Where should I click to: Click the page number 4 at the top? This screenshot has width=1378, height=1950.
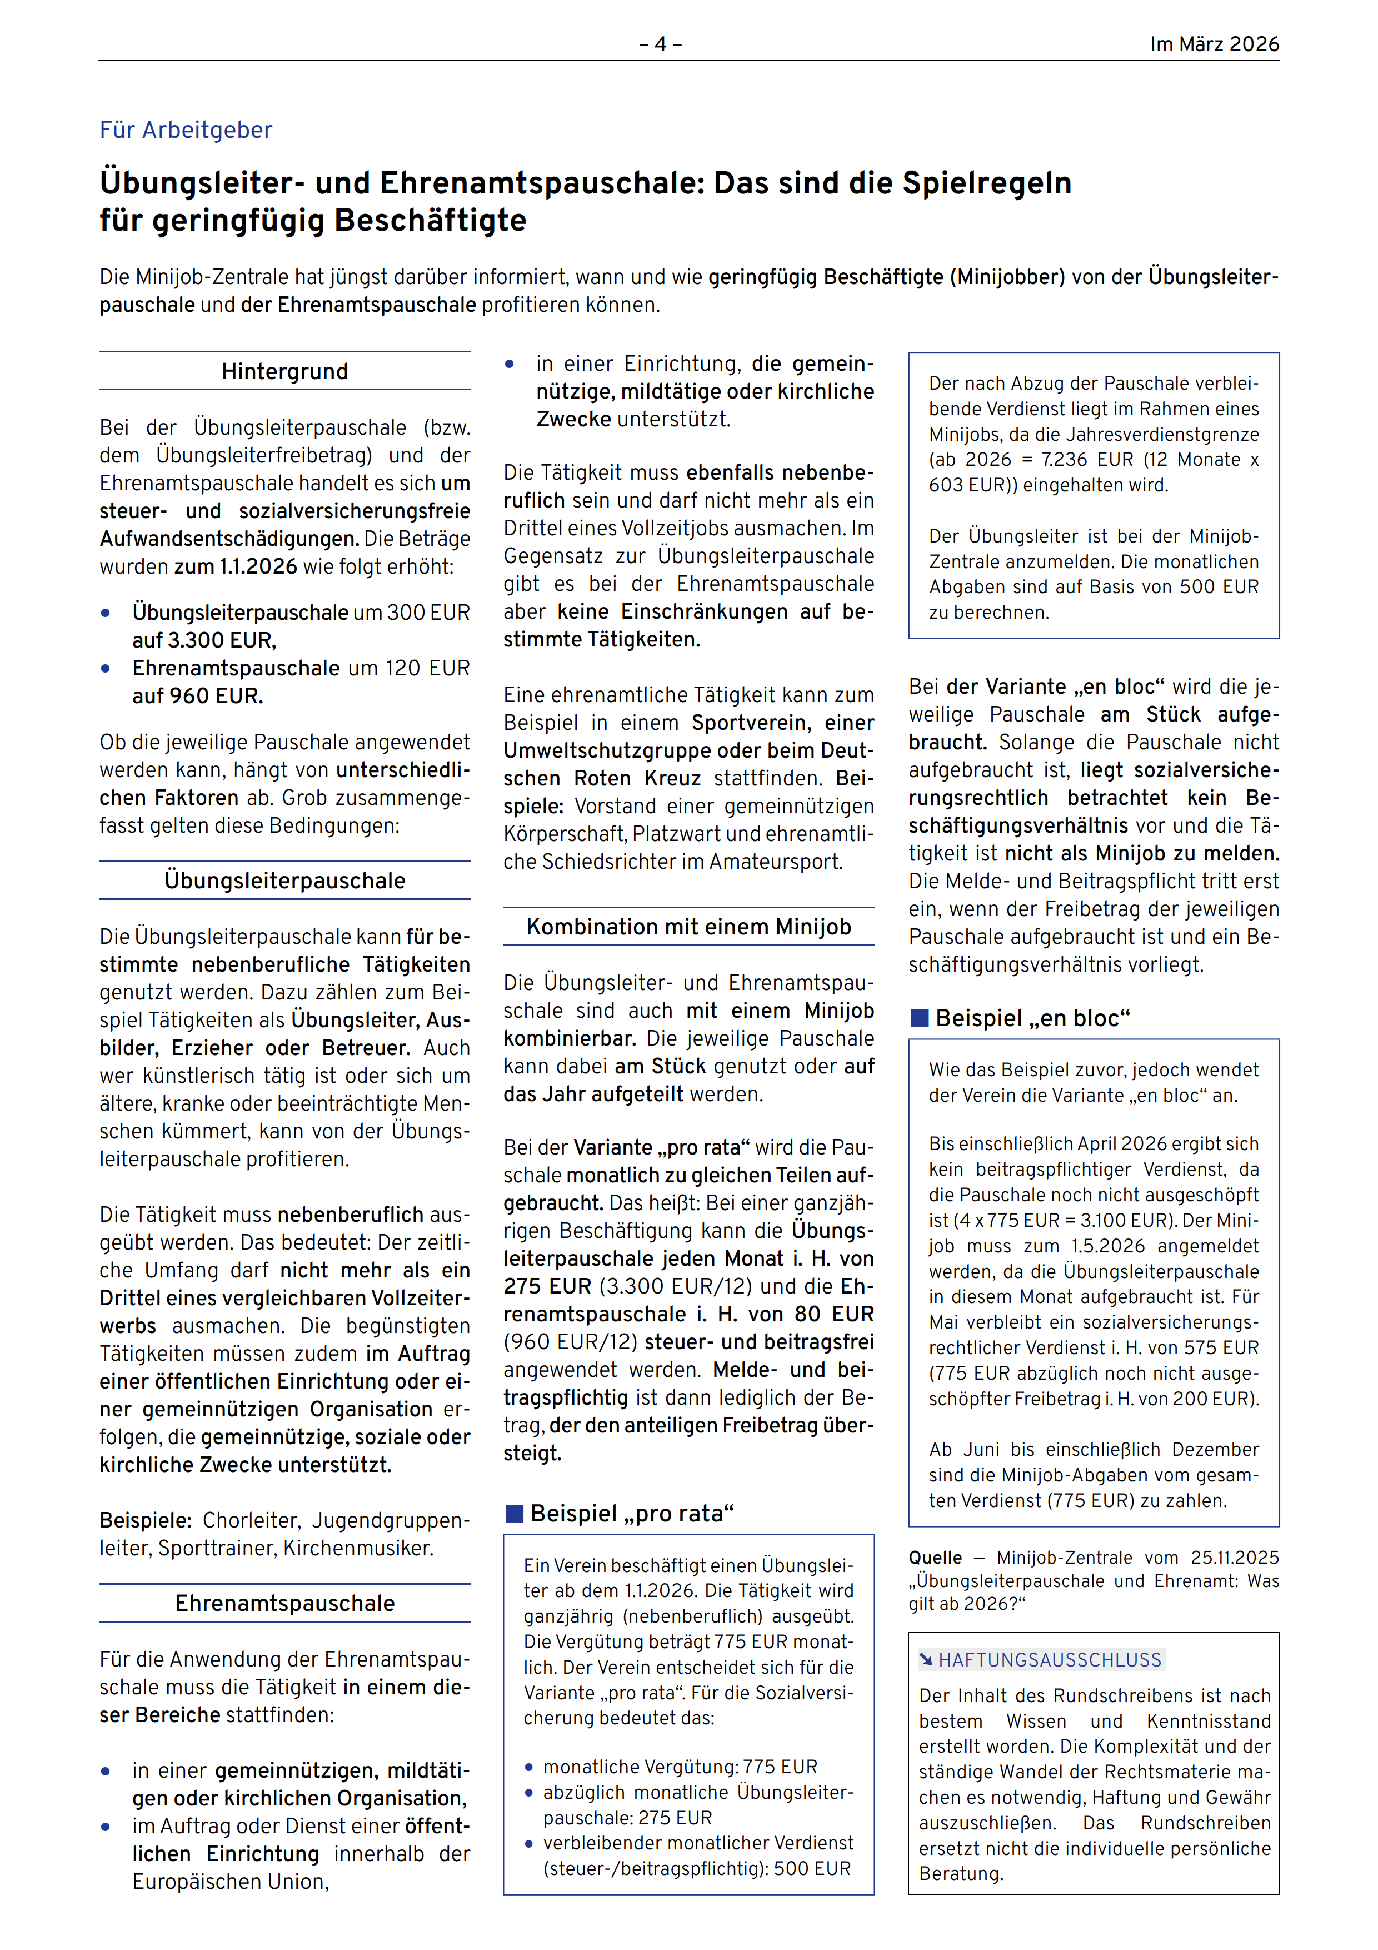click(x=661, y=44)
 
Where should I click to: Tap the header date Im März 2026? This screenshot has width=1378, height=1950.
click(x=1214, y=44)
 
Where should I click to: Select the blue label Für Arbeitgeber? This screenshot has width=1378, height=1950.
click(x=186, y=130)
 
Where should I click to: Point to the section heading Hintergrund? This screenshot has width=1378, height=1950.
click(x=284, y=371)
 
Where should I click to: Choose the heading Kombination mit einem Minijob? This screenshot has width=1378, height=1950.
click(x=688, y=927)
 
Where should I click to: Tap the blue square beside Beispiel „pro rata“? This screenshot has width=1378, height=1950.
click(x=515, y=1514)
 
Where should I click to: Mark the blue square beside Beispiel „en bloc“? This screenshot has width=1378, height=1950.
click(x=920, y=1018)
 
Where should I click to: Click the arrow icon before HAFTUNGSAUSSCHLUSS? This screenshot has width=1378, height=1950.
click(x=926, y=1659)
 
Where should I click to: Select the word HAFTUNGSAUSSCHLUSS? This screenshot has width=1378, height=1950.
click(x=1050, y=1659)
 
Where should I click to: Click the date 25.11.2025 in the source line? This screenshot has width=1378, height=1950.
click(x=1235, y=1557)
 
